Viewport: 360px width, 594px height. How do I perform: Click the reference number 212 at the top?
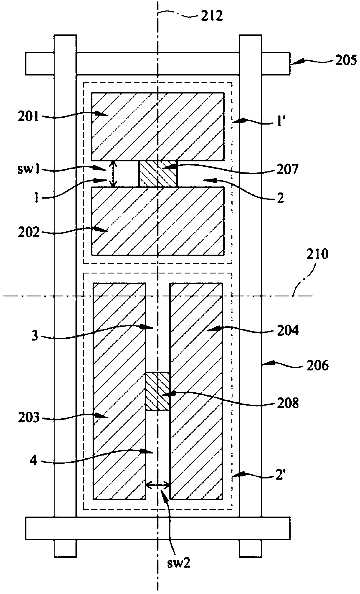[211, 16]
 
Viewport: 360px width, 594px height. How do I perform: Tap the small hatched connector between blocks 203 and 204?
[157, 391]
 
